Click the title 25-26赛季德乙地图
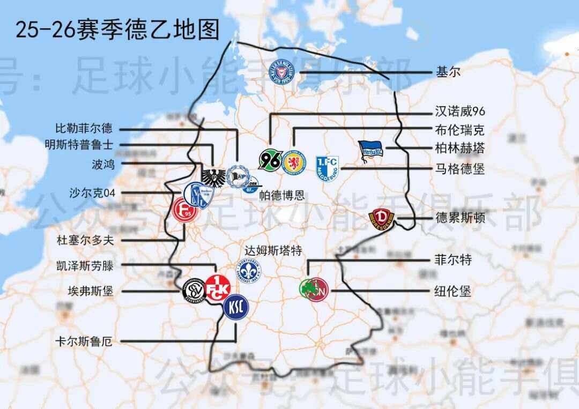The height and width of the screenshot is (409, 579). pos(117,30)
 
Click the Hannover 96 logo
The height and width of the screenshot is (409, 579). pos(270,160)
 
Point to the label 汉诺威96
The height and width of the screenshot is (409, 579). pos(460,111)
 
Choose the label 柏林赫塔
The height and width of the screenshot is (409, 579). pos(460,148)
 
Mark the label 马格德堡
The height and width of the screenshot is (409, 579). pos(460,169)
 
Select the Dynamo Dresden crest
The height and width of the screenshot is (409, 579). pos(381,220)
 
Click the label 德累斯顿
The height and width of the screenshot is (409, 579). pos(460,218)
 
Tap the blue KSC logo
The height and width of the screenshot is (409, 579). pos(236,308)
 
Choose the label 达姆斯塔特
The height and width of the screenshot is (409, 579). pos(273,250)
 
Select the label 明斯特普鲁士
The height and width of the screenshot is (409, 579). pos(79,145)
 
